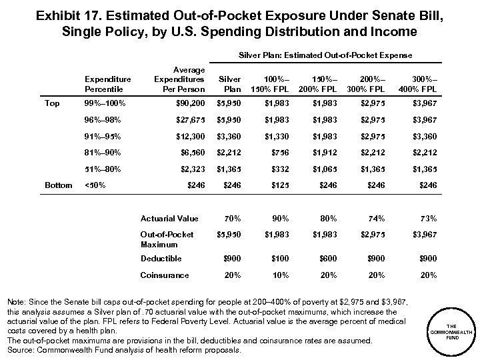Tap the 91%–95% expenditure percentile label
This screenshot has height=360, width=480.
coord(103,136)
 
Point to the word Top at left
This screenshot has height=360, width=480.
coord(51,104)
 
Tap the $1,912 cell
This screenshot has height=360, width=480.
coord(323,152)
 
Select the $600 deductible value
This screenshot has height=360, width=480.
coord(323,258)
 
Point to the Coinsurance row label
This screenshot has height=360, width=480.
coord(164,275)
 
